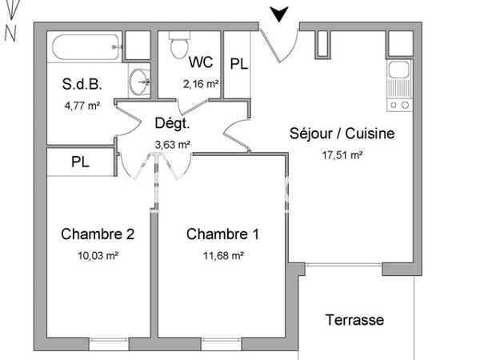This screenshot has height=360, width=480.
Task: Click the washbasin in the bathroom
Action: click(x=142, y=79)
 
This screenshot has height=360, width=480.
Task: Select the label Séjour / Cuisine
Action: click(x=342, y=134)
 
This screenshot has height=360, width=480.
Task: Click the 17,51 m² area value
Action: click(x=342, y=156)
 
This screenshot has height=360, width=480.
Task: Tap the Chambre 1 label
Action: click(x=222, y=234)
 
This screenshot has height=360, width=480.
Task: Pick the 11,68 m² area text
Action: click(x=223, y=256)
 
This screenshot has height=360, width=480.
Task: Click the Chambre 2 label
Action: click(x=98, y=234)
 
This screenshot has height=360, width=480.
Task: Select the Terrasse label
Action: click(x=354, y=320)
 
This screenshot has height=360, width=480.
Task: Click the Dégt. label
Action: click(x=171, y=124)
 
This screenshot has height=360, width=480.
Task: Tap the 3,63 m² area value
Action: click(x=171, y=145)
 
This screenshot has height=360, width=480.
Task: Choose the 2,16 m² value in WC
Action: click(x=201, y=83)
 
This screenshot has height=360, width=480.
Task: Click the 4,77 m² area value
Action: click(x=81, y=103)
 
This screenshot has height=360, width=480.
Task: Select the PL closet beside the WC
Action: click(x=238, y=65)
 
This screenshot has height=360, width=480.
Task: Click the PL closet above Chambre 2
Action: click(x=80, y=161)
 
